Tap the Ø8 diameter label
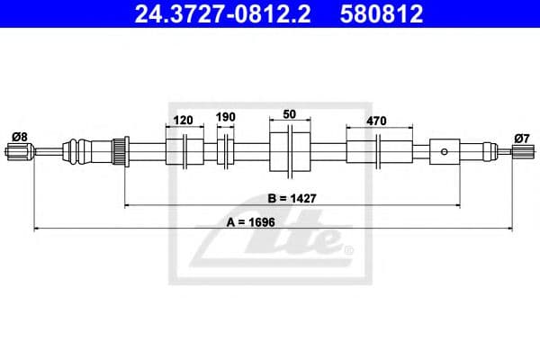[x=19, y=136]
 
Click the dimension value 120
[x=183, y=117]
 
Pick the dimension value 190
[x=225, y=117]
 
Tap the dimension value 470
[x=377, y=117]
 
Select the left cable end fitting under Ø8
[x=18, y=150]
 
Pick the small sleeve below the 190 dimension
[x=226, y=150]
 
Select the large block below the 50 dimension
[x=290, y=150]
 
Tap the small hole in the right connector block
[x=444, y=151]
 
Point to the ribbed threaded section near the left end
[x=116, y=150]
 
